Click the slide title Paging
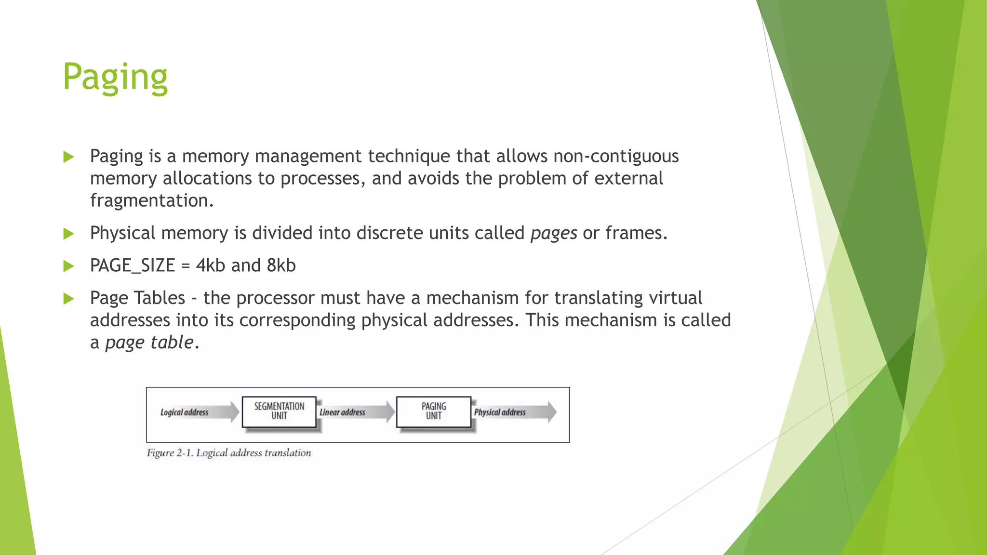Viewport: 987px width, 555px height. pos(115,77)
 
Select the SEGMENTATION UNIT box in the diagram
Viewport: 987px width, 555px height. pos(279,411)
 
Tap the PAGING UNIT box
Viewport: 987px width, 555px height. pos(433,411)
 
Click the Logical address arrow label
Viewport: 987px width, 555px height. pos(185,412)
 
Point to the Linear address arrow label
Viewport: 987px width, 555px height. pos(343,412)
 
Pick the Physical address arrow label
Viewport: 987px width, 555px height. pos(500,412)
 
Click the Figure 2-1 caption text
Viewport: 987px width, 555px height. pos(229,453)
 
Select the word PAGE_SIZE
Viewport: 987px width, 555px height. pos(133,265)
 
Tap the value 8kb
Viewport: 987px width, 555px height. pos(281,265)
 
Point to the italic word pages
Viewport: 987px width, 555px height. pos(554,234)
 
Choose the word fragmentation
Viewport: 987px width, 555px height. pos(151,200)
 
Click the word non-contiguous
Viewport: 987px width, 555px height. pos(616,156)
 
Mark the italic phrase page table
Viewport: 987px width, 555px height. pos(149,343)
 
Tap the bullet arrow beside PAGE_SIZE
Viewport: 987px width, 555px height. pos(68,266)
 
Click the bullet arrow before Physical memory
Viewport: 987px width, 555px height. pos(68,234)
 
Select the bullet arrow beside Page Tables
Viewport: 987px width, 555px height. pos(68,299)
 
